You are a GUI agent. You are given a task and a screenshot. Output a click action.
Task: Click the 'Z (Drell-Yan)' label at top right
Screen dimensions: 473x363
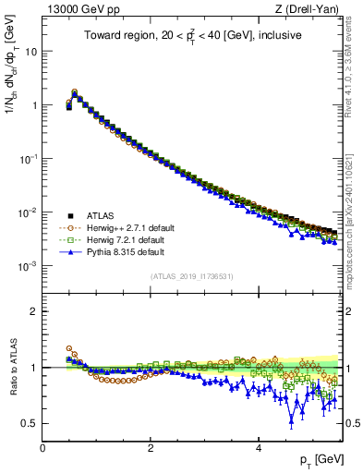click(309, 9)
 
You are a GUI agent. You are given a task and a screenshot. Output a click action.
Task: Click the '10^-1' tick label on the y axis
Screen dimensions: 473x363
click(29, 159)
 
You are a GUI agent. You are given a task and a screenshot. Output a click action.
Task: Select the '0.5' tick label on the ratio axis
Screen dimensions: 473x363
click(30, 423)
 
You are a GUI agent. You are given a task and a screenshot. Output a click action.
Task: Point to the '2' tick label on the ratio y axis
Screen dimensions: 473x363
click(34, 311)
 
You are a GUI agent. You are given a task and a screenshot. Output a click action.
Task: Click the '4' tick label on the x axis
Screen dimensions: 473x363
click(259, 447)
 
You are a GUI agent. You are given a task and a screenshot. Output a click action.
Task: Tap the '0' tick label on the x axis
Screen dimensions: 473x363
click(42, 447)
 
